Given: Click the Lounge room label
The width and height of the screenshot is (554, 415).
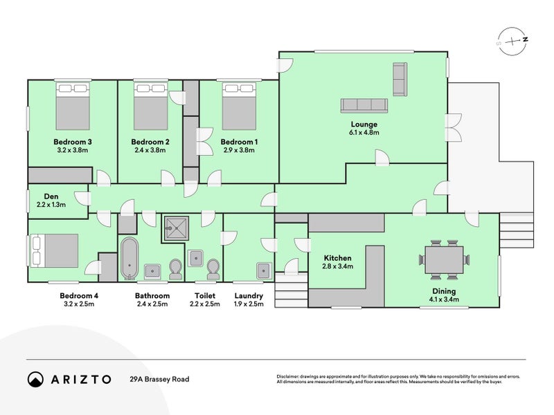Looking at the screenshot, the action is (x=364, y=124).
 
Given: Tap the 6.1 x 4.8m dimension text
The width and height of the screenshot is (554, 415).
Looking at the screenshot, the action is (x=364, y=133).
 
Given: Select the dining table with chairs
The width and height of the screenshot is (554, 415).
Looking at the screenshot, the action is (x=444, y=260).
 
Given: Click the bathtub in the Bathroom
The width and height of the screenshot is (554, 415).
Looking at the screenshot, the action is (x=129, y=258).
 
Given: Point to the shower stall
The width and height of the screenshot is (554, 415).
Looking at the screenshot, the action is (x=176, y=228).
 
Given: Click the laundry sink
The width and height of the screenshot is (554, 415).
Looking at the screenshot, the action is (x=265, y=270).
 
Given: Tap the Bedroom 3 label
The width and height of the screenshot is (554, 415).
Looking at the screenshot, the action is (x=73, y=142).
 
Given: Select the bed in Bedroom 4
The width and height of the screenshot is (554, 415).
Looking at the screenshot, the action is (x=55, y=251).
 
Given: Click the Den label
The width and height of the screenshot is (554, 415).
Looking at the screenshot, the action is (x=51, y=196).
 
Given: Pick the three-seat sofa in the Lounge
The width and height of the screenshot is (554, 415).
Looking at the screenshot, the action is (x=364, y=106).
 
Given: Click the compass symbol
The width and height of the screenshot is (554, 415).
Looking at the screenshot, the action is (x=512, y=41).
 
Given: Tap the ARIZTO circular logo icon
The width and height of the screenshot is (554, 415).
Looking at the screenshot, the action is (x=36, y=379).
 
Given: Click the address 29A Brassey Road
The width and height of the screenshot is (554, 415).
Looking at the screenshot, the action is (x=159, y=379).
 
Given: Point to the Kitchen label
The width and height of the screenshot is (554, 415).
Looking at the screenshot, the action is (x=338, y=258).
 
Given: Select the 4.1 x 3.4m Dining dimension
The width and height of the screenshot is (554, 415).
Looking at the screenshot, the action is (x=444, y=299).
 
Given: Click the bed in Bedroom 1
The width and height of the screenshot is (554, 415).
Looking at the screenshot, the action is (x=239, y=107).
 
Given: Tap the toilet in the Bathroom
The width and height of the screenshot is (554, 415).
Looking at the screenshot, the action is (x=176, y=269).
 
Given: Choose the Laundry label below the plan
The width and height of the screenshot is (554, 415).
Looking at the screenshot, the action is (x=249, y=296).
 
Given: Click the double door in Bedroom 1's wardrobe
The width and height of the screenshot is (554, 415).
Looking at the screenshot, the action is (x=205, y=142).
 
